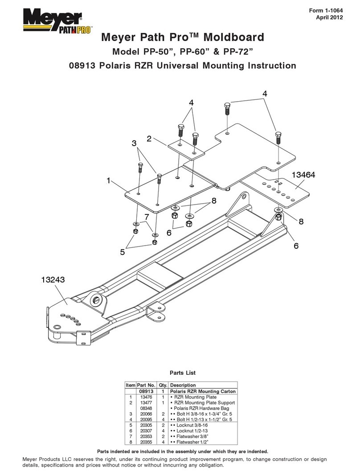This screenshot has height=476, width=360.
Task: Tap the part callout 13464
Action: click(303, 175)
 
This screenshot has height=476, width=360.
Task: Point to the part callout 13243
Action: click(53, 279)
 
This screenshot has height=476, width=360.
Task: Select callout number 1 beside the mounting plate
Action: click(108, 181)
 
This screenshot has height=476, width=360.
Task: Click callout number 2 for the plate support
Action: click(149, 139)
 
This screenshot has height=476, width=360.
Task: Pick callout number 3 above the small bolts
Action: click(134, 143)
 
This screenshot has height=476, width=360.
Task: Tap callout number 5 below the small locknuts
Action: click(123, 252)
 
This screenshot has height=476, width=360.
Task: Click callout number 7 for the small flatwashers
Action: click(147, 217)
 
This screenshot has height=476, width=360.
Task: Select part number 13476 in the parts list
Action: click(146, 397)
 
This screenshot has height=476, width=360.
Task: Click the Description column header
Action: click(183, 385)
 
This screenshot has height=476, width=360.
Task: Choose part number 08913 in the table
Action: click(147, 391)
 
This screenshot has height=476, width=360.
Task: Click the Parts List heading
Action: click(183, 373)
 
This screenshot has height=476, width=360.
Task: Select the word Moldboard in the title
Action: click(234, 37)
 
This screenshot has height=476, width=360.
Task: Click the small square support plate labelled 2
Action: click(186, 149)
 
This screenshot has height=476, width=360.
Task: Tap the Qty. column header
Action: click(163, 385)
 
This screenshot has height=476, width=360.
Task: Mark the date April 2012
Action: click(329, 17)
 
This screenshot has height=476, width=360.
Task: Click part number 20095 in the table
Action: click(146, 419)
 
